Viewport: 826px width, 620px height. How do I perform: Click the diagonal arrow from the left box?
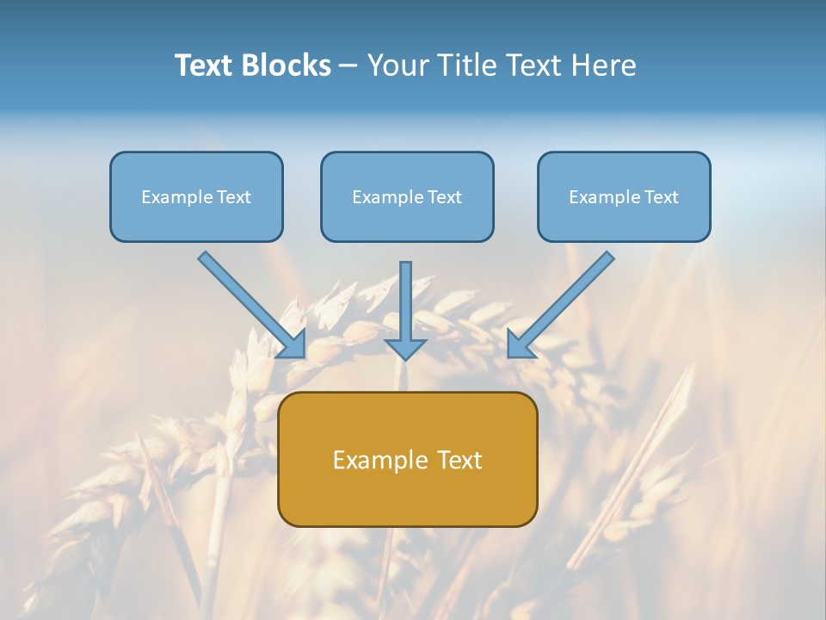(251, 304)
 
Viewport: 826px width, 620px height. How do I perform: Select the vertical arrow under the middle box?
(405, 306)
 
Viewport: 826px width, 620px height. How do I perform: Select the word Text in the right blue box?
(662, 197)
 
